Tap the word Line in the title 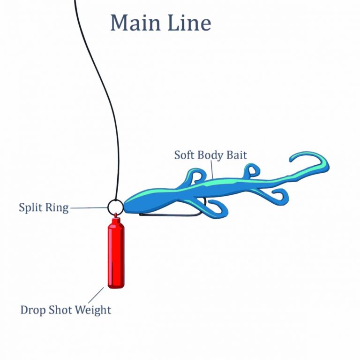[x=188, y=23]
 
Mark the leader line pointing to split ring [x=89, y=207]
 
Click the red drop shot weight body [x=116, y=256]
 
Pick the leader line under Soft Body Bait [x=212, y=170]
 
